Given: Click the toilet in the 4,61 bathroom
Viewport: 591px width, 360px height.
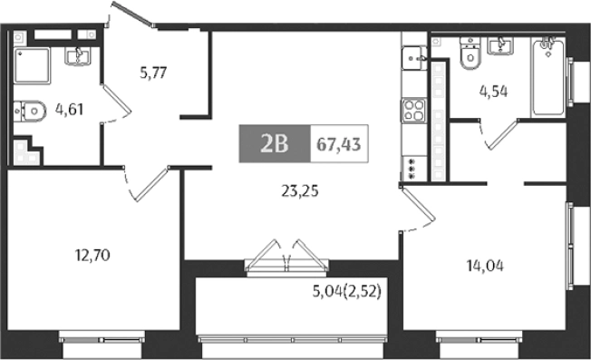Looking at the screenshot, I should pyautogui.click(x=30, y=112).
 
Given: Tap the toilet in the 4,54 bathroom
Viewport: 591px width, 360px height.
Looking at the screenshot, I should pyautogui.click(x=468, y=55).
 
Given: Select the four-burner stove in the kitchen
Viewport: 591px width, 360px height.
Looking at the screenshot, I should pyautogui.click(x=413, y=112).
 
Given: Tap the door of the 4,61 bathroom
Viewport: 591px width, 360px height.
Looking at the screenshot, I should pyautogui.click(x=112, y=102).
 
